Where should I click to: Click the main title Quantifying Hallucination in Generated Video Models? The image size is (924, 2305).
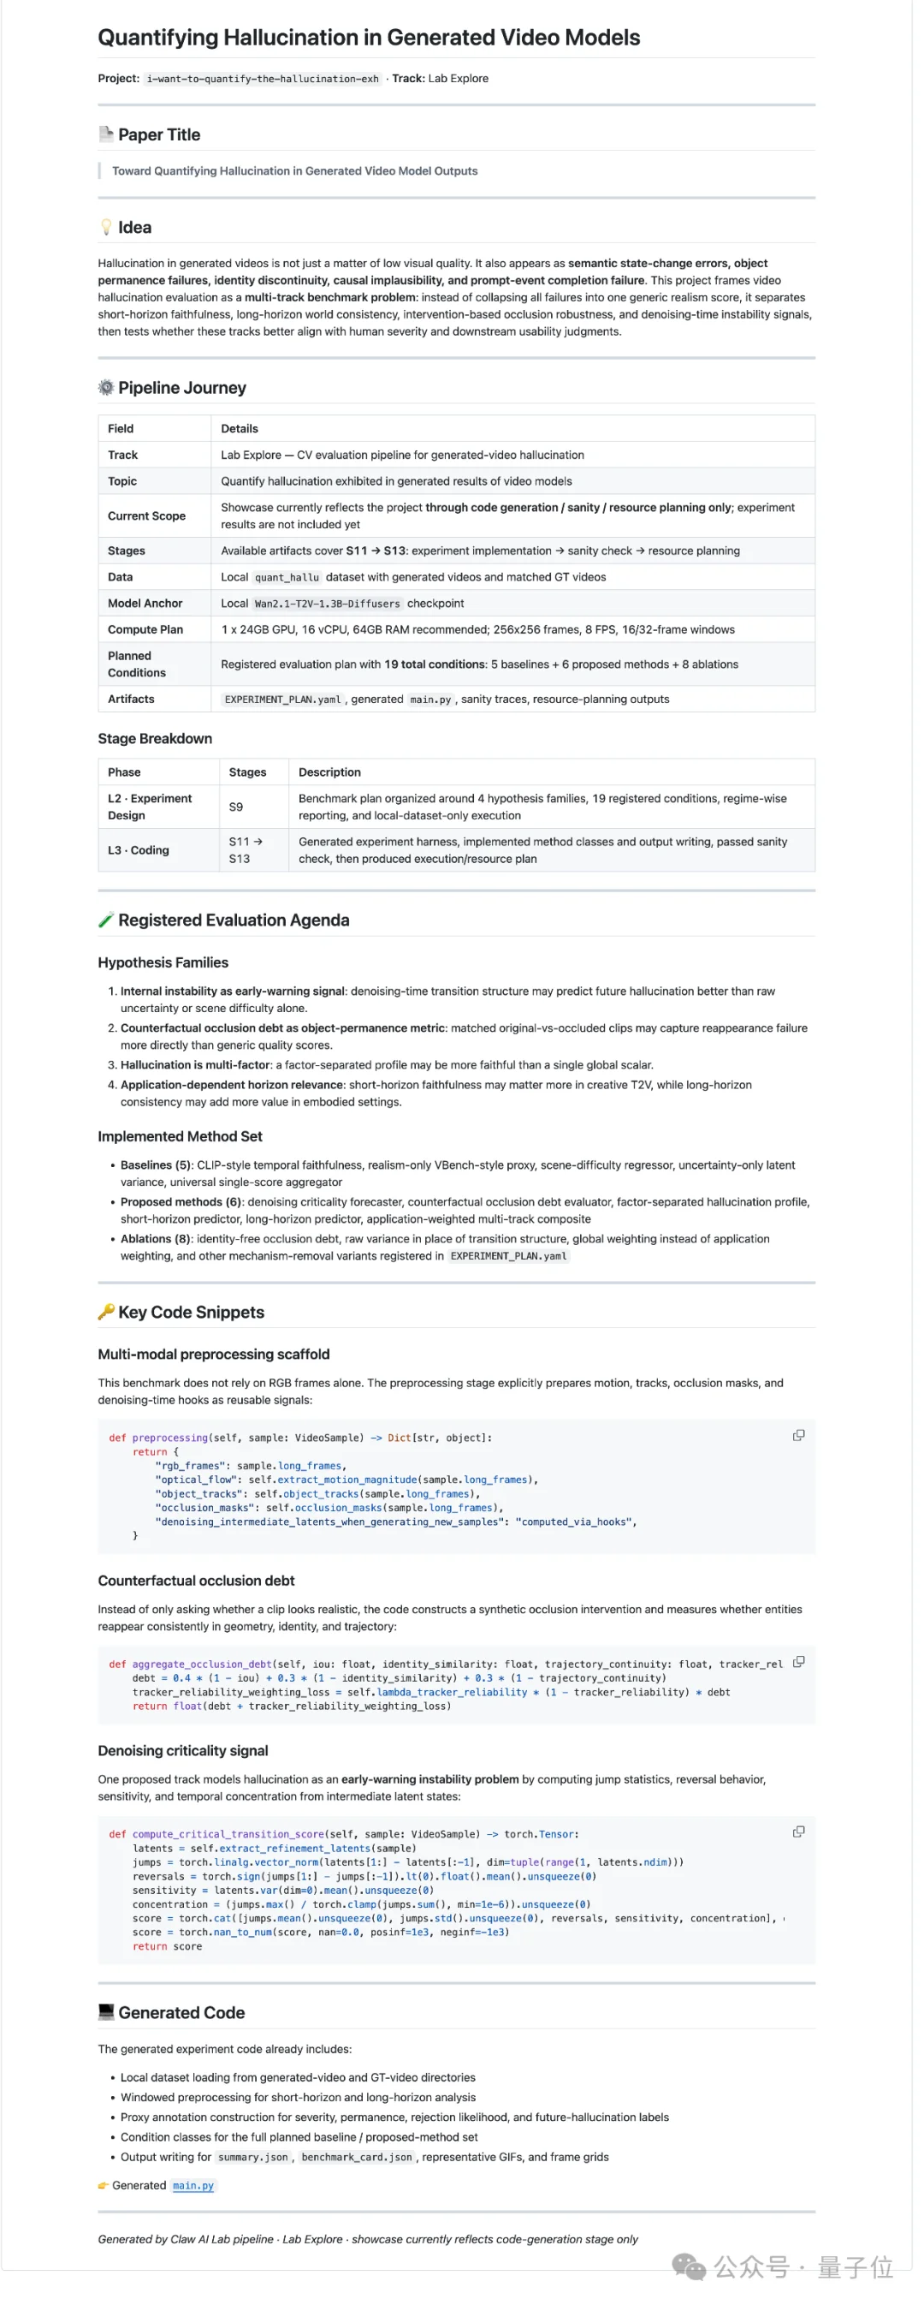click(369, 38)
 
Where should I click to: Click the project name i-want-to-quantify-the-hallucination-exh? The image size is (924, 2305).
click(262, 79)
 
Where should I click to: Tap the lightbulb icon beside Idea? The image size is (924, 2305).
click(105, 227)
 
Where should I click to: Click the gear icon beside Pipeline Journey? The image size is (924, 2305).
click(105, 387)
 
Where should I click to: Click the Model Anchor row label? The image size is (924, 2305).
click(145, 604)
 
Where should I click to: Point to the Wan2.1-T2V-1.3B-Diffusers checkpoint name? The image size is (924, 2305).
click(327, 604)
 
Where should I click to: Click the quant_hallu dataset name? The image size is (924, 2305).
click(287, 578)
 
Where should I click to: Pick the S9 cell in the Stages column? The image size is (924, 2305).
click(236, 807)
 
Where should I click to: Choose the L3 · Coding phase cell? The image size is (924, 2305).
click(138, 851)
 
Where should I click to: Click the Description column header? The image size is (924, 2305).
click(329, 772)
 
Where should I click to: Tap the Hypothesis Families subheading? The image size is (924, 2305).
click(163, 962)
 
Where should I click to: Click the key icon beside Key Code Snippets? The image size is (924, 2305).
click(105, 1312)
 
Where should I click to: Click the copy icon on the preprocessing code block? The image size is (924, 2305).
click(799, 1435)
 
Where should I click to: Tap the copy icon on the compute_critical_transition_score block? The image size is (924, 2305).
click(799, 1831)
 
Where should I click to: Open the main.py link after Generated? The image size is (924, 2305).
click(193, 2185)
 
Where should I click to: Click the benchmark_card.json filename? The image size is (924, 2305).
click(356, 2158)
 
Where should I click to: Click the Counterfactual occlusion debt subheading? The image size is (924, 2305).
click(196, 1581)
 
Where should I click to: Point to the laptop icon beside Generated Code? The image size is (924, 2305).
click(105, 2012)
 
